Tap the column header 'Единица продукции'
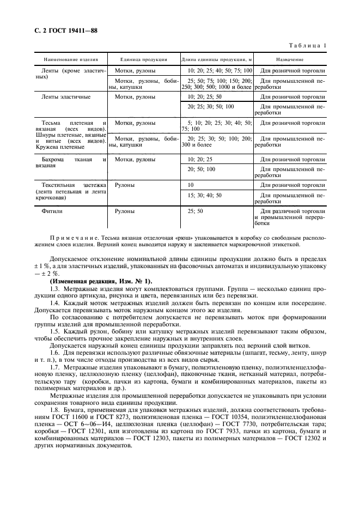pos(143,58)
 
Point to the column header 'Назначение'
pos(290,58)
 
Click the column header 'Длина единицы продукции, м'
pos(217,58)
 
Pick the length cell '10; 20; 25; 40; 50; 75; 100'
pos(220,71)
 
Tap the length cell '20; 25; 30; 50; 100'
pos(210,106)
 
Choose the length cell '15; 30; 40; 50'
pos(204,195)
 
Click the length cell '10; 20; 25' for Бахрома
pos(199,160)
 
